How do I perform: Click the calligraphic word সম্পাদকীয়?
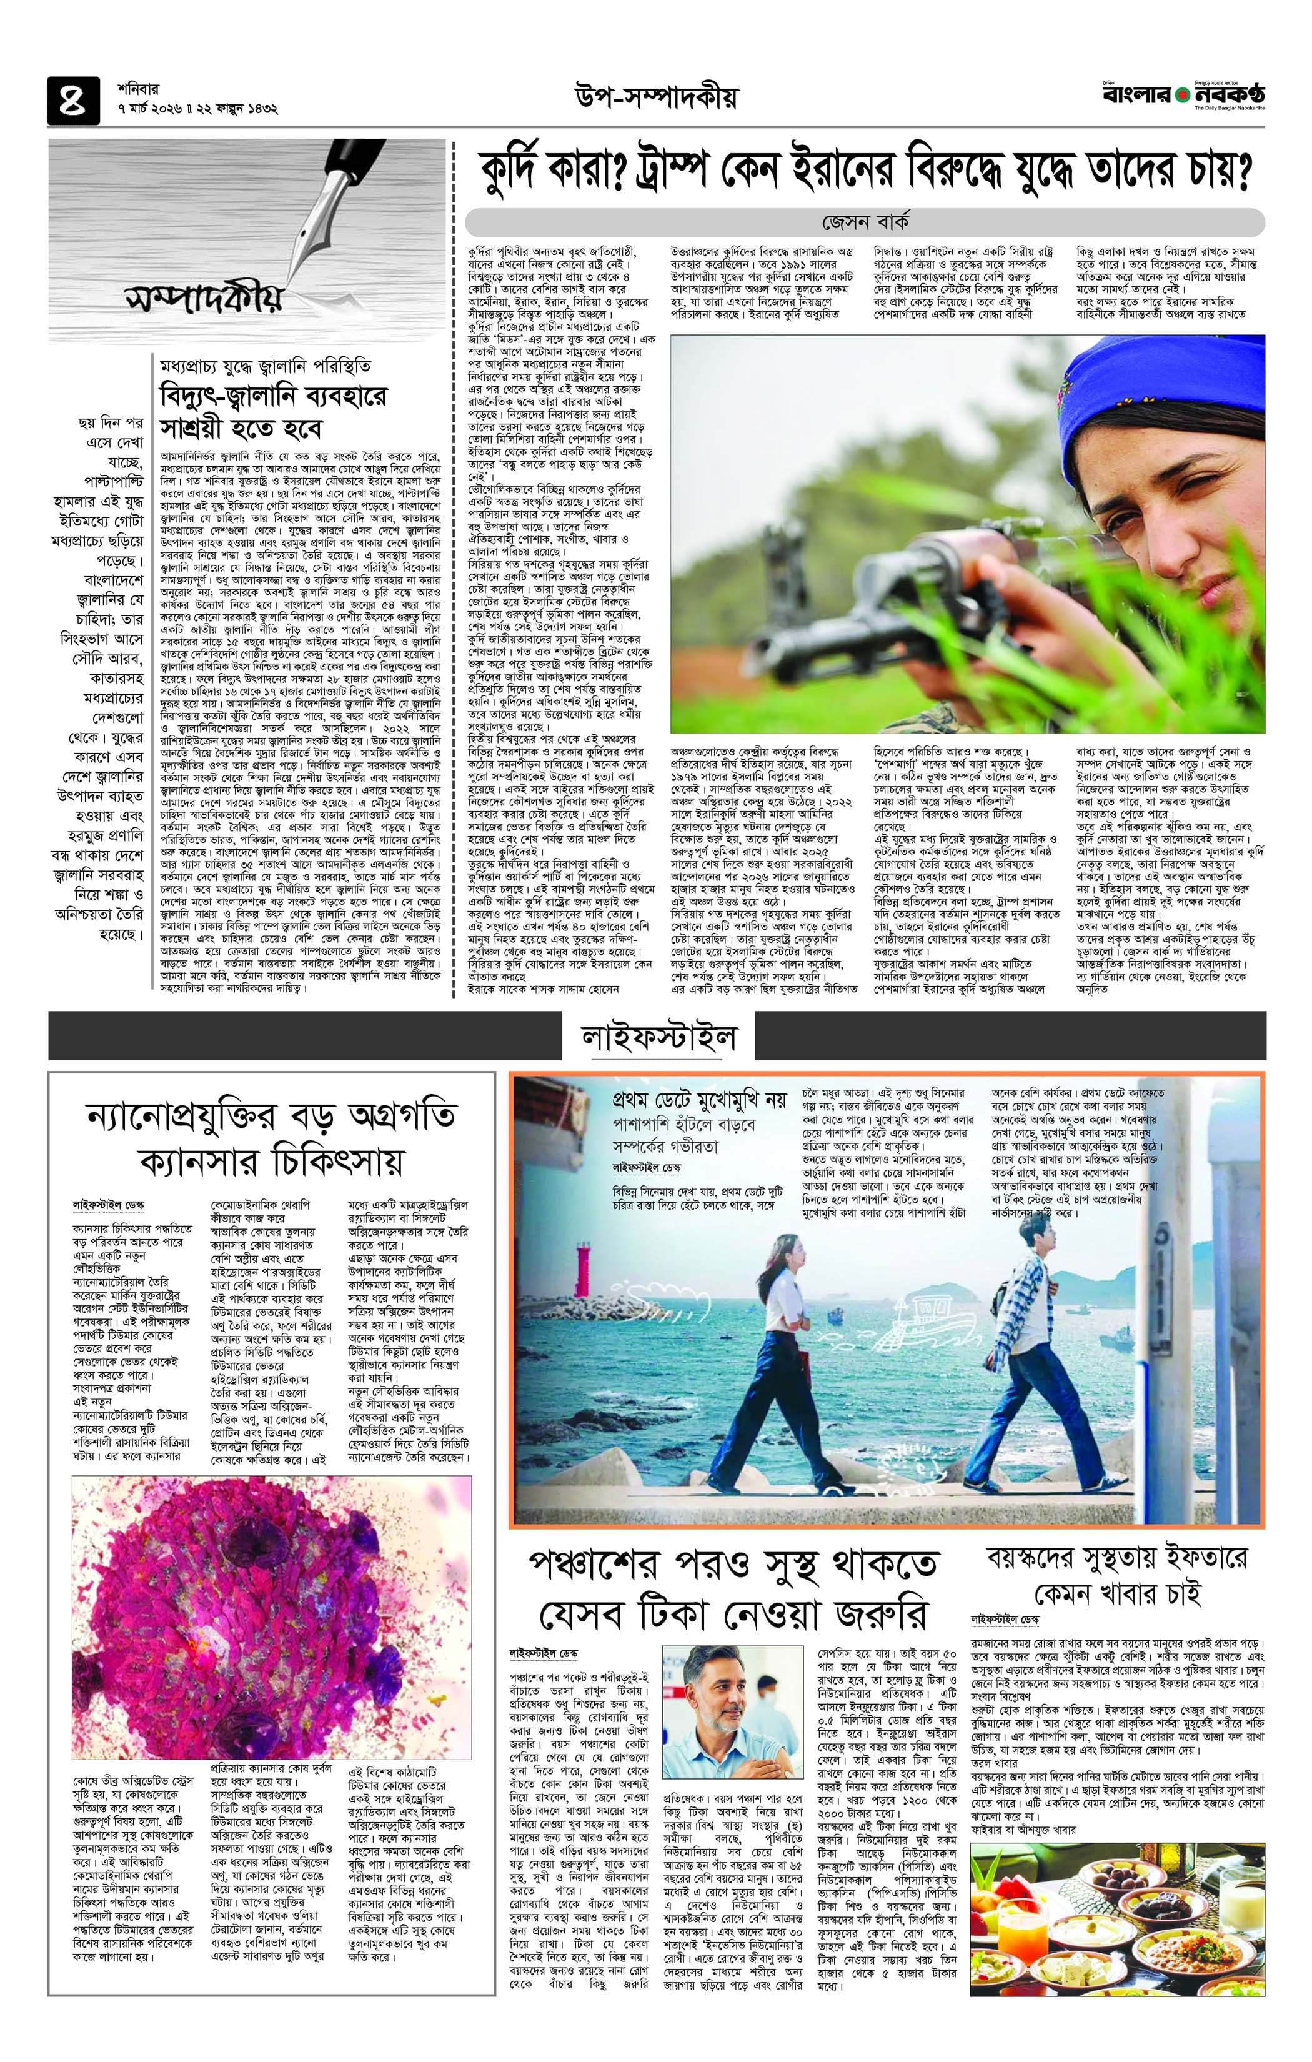[x=203, y=300]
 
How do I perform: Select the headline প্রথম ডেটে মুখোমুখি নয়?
[x=699, y=1100]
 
